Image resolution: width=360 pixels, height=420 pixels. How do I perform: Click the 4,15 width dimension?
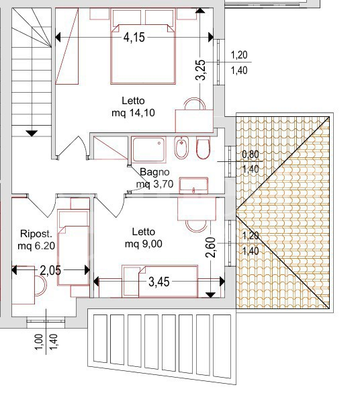[134, 38]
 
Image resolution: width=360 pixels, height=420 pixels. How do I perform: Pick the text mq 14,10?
[133, 113]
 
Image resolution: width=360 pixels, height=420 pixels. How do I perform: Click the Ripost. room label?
[34, 234]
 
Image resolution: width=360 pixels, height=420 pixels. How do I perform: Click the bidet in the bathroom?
[181, 149]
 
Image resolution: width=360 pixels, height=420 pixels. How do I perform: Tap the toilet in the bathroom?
[204, 149]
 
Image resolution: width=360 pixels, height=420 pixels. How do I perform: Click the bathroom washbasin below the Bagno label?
[194, 185]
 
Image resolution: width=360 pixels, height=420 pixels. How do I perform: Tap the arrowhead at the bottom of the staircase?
[31, 132]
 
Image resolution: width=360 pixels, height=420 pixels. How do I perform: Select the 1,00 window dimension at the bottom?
[39, 343]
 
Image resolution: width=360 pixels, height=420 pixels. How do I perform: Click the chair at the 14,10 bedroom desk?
[193, 105]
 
